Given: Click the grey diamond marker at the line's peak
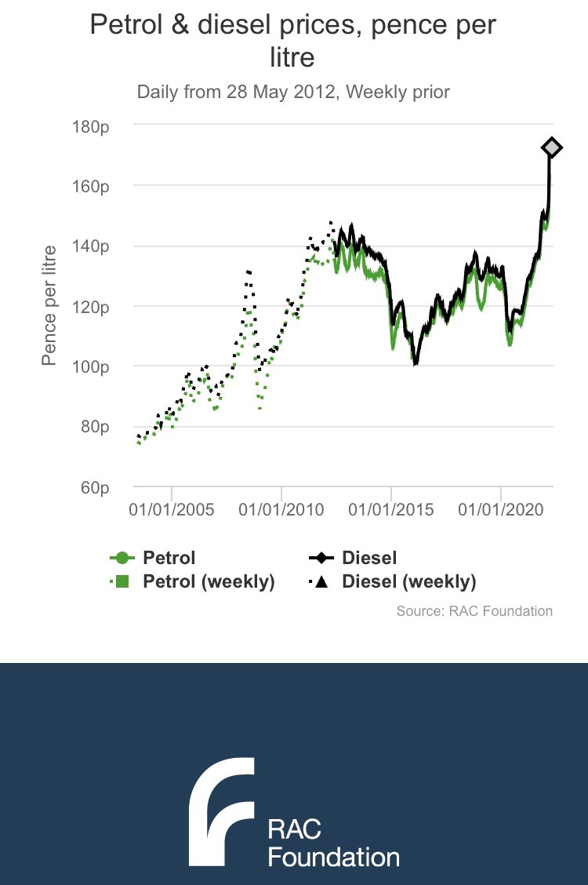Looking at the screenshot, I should (551, 147).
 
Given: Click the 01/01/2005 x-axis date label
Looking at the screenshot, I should (172, 509).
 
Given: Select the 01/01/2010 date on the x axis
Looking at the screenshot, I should (281, 509).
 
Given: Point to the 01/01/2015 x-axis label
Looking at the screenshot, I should (391, 509).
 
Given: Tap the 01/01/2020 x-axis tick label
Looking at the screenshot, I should (501, 509).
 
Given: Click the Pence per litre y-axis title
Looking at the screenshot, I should (49, 306).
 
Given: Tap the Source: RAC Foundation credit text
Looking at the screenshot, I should (474, 610).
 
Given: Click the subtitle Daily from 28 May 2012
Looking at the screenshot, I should (293, 92).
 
